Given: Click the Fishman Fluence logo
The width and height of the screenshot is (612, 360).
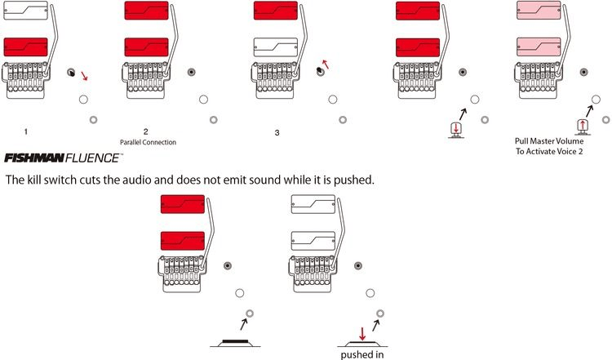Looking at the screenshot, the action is tap(63, 158).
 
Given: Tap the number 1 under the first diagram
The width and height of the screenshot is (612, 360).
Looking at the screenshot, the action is tap(26, 131).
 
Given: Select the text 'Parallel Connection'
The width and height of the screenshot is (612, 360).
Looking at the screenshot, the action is tap(148, 142).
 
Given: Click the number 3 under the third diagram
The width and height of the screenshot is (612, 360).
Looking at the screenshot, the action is tap(277, 133).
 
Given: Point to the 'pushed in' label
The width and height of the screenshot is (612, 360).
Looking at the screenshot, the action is tap(362, 354).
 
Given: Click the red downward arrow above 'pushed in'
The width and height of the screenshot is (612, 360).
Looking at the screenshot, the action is tap(362, 334).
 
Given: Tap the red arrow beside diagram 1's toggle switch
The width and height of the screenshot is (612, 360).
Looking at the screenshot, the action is tap(84, 76).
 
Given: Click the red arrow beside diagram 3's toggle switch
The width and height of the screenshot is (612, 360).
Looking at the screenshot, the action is tap(325, 64).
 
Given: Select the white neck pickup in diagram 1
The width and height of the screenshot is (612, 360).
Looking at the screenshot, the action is tap(26, 11).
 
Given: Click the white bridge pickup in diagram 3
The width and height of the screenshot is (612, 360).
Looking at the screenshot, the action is tap(276, 47).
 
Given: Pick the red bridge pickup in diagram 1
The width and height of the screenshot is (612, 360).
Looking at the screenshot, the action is tap(26, 47).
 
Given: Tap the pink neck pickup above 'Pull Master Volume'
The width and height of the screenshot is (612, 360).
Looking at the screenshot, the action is tap(539, 10).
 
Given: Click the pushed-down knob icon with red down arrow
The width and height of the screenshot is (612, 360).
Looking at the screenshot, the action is tap(456, 130).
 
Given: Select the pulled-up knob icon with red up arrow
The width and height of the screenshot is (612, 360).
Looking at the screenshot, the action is tap(583, 127).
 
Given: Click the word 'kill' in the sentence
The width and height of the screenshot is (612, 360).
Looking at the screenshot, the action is tap(34, 180).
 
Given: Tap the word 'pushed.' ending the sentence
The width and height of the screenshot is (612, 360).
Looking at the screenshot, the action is tap(353, 180).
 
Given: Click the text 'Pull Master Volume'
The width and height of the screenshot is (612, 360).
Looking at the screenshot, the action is tap(549, 141).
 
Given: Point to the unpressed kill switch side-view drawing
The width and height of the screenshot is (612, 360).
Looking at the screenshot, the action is tap(235, 343).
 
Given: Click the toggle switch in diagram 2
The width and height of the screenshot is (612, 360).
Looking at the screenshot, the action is tap(191, 72).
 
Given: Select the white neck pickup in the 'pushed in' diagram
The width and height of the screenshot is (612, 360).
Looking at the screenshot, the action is tap(313, 204).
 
